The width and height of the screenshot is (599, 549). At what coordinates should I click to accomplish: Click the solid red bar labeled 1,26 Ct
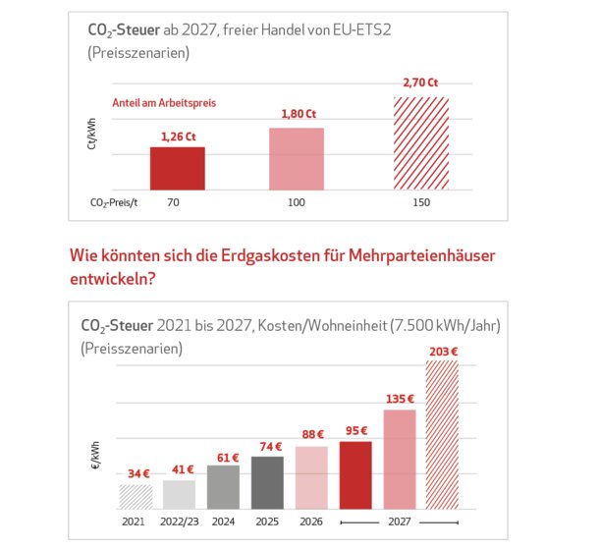(178, 168)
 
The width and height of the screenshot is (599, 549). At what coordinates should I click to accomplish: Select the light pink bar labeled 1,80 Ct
(297, 158)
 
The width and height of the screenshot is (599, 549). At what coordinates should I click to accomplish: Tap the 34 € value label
(136, 472)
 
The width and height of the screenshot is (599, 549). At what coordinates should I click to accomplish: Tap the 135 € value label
(400, 399)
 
